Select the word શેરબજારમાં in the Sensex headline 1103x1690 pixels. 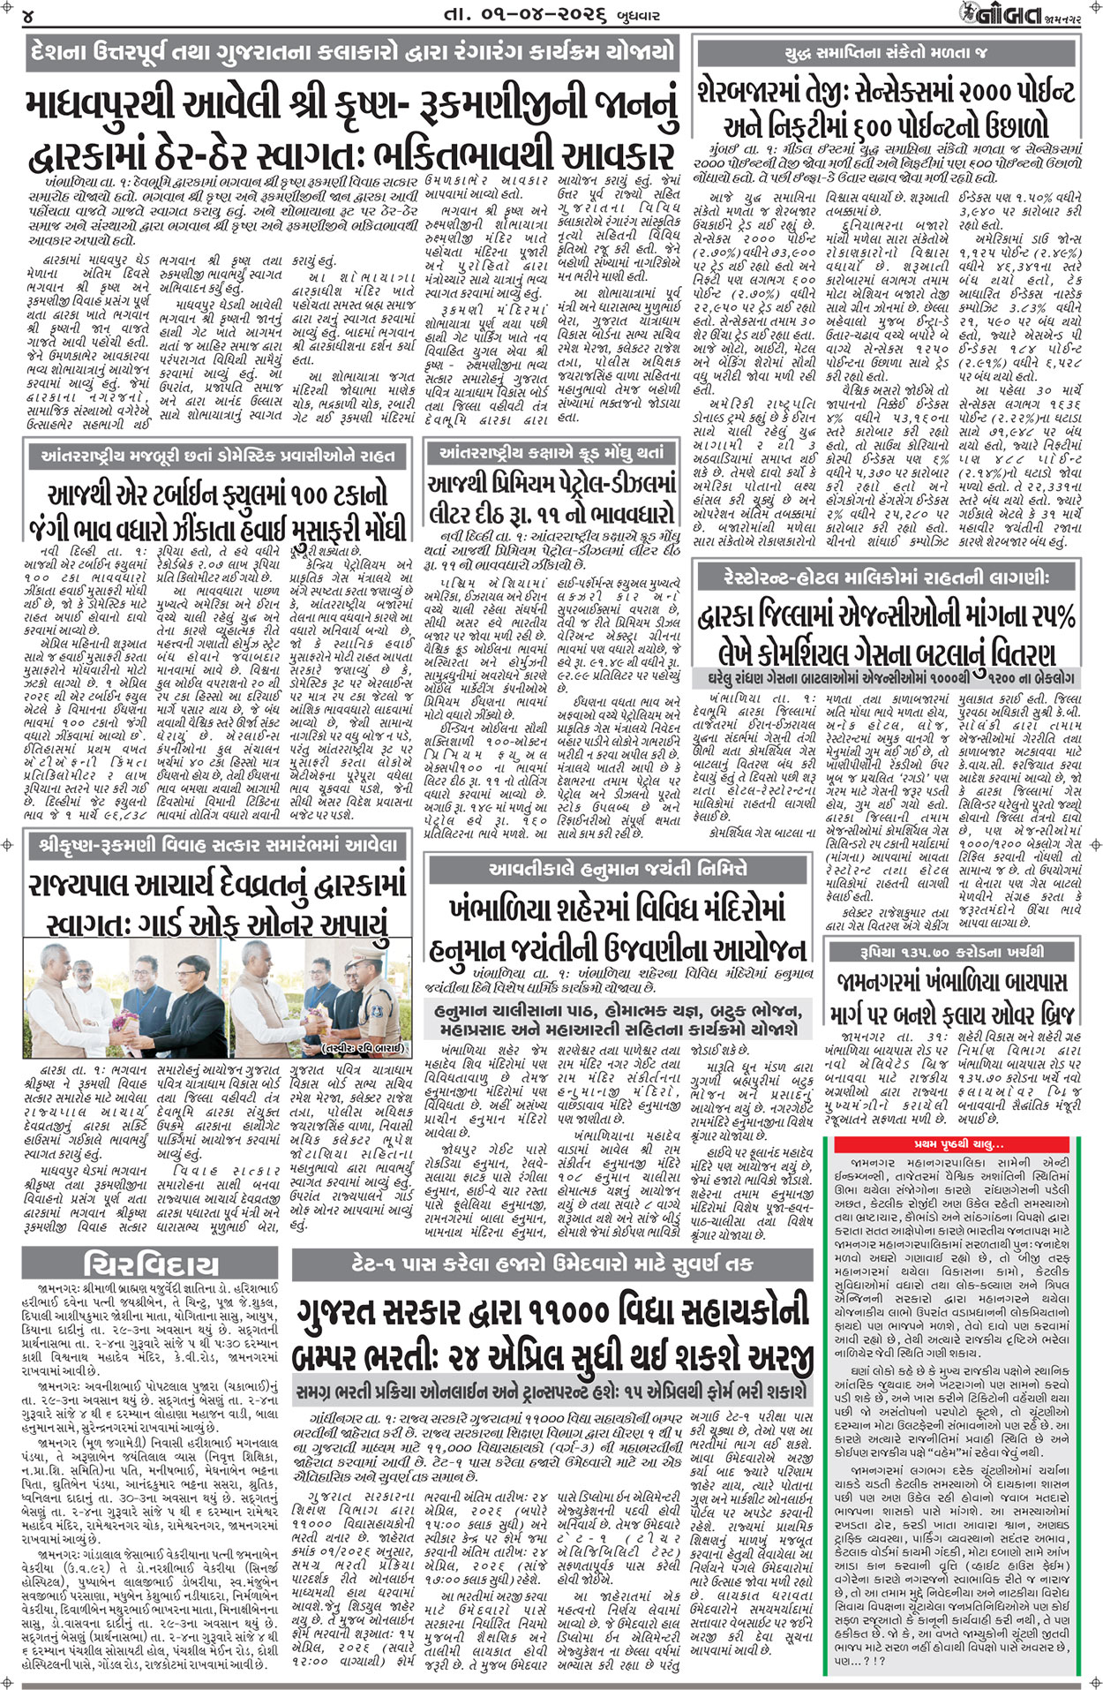(776, 92)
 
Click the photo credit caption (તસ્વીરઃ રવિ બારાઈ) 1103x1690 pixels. (363, 1049)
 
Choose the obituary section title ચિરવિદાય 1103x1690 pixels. (150, 1264)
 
